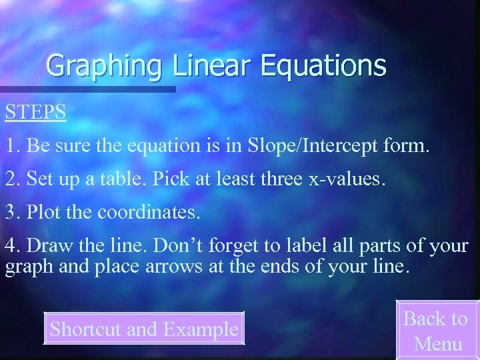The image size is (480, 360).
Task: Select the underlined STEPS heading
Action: click(x=36, y=111)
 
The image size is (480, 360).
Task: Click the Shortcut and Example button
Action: click(x=144, y=329)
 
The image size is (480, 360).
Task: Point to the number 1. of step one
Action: click(x=11, y=146)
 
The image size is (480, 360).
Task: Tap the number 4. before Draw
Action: click(x=11, y=246)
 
